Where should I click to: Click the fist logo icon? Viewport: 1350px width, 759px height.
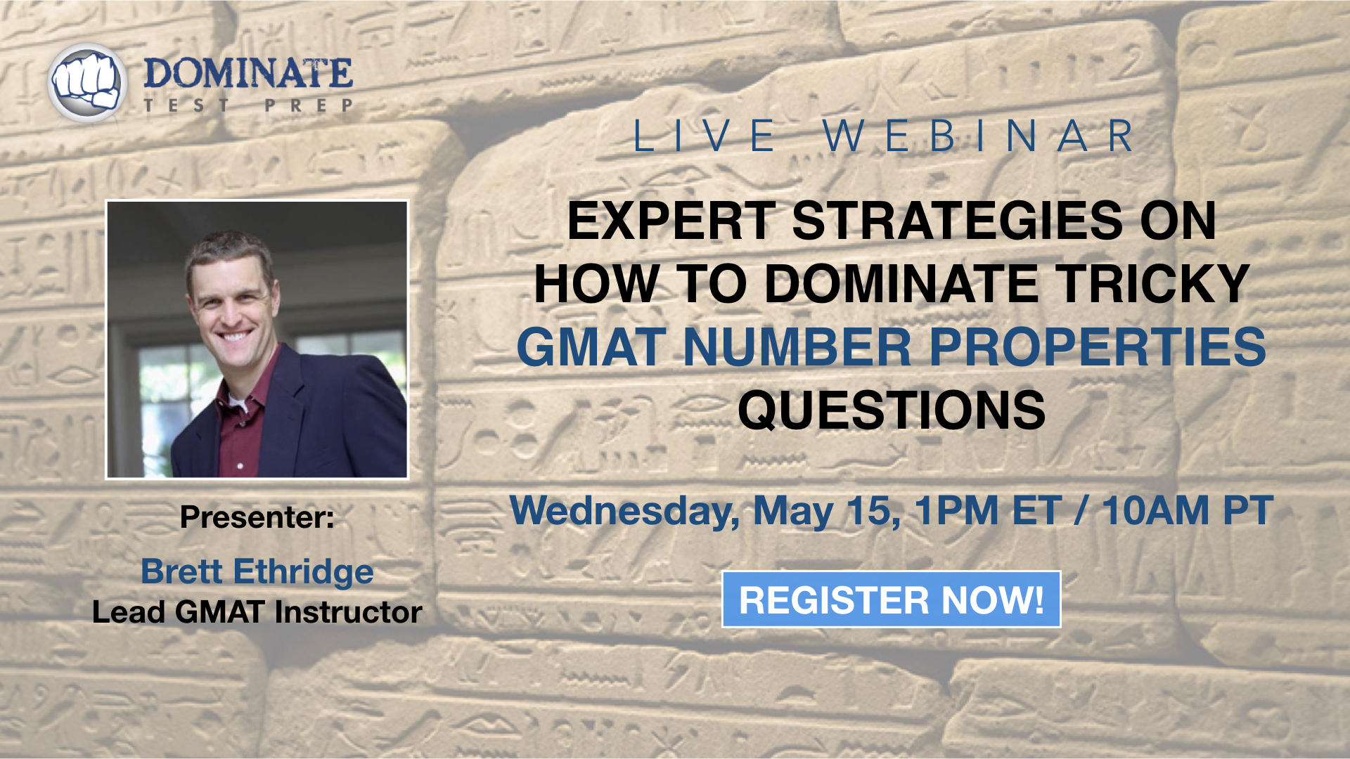click(x=87, y=83)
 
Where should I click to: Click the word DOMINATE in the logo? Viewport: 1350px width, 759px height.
click(x=248, y=74)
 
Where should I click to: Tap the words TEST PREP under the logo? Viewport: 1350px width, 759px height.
click(x=248, y=106)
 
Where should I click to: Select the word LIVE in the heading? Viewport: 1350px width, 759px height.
click(x=706, y=136)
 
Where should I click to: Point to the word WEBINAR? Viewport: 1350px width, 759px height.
click(x=978, y=136)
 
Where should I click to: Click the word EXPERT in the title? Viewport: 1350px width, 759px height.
click(x=671, y=221)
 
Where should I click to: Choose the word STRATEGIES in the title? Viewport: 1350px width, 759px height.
click(x=958, y=221)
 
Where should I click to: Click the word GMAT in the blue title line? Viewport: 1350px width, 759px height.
click(x=591, y=347)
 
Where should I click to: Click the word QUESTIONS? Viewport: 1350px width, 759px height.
click(x=892, y=410)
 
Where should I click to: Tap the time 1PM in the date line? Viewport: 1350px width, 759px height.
click(x=956, y=510)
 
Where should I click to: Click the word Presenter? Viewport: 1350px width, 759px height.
click(x=257, y=517)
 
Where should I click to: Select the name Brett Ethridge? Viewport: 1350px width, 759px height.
click(x=257, y=571)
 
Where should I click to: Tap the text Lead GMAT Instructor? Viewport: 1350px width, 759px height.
click(x=257, y=612)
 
